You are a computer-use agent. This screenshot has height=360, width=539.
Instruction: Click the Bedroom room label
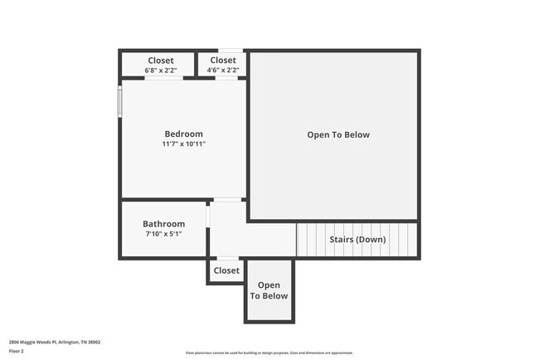point(183,134)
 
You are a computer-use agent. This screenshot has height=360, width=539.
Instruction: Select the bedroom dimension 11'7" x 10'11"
point(183,144)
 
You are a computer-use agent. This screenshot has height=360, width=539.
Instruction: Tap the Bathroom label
point(163,224)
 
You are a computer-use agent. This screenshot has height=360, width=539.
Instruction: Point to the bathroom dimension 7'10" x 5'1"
point(163,234)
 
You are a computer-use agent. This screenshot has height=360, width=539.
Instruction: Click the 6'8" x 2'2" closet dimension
point(160,71)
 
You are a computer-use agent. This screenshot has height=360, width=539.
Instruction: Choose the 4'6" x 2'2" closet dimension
point(222,71)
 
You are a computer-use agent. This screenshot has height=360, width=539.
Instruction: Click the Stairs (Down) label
point(357,240)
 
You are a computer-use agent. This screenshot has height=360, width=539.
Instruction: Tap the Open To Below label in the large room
point(338,134)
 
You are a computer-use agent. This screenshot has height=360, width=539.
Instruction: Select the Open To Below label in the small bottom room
point(269,291)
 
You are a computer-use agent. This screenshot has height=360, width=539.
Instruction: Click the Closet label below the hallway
point(226,270)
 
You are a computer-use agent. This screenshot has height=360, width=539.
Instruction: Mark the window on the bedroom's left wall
point(120,101)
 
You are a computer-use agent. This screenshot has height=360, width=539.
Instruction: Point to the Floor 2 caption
point(17,351)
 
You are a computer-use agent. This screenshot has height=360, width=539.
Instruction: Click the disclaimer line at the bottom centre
point(269,353)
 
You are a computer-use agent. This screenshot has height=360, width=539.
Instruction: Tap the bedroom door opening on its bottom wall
point(227,200)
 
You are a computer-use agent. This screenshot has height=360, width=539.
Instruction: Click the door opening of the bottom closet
point(226,259)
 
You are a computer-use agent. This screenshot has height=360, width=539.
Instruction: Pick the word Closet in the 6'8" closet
point(160,61)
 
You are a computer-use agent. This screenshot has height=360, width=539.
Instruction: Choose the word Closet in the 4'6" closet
point(222,61)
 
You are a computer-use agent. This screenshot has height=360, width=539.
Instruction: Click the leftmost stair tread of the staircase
point(302,240)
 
